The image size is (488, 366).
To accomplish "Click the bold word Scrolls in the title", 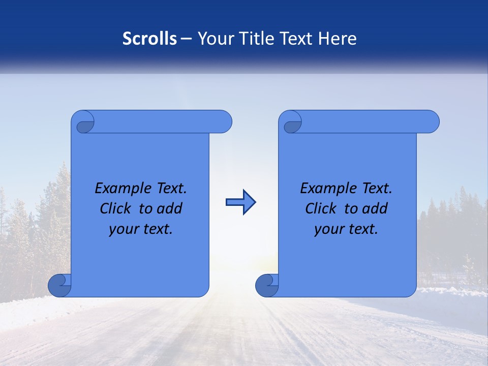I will tap(150, 39).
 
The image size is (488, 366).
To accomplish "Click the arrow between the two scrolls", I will tap(240, 202).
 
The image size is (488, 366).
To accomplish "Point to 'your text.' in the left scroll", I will tap(141, 229).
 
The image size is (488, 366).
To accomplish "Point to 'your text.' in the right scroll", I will tap(346, 229).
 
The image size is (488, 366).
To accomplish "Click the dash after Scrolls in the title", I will tap(186, 39).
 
